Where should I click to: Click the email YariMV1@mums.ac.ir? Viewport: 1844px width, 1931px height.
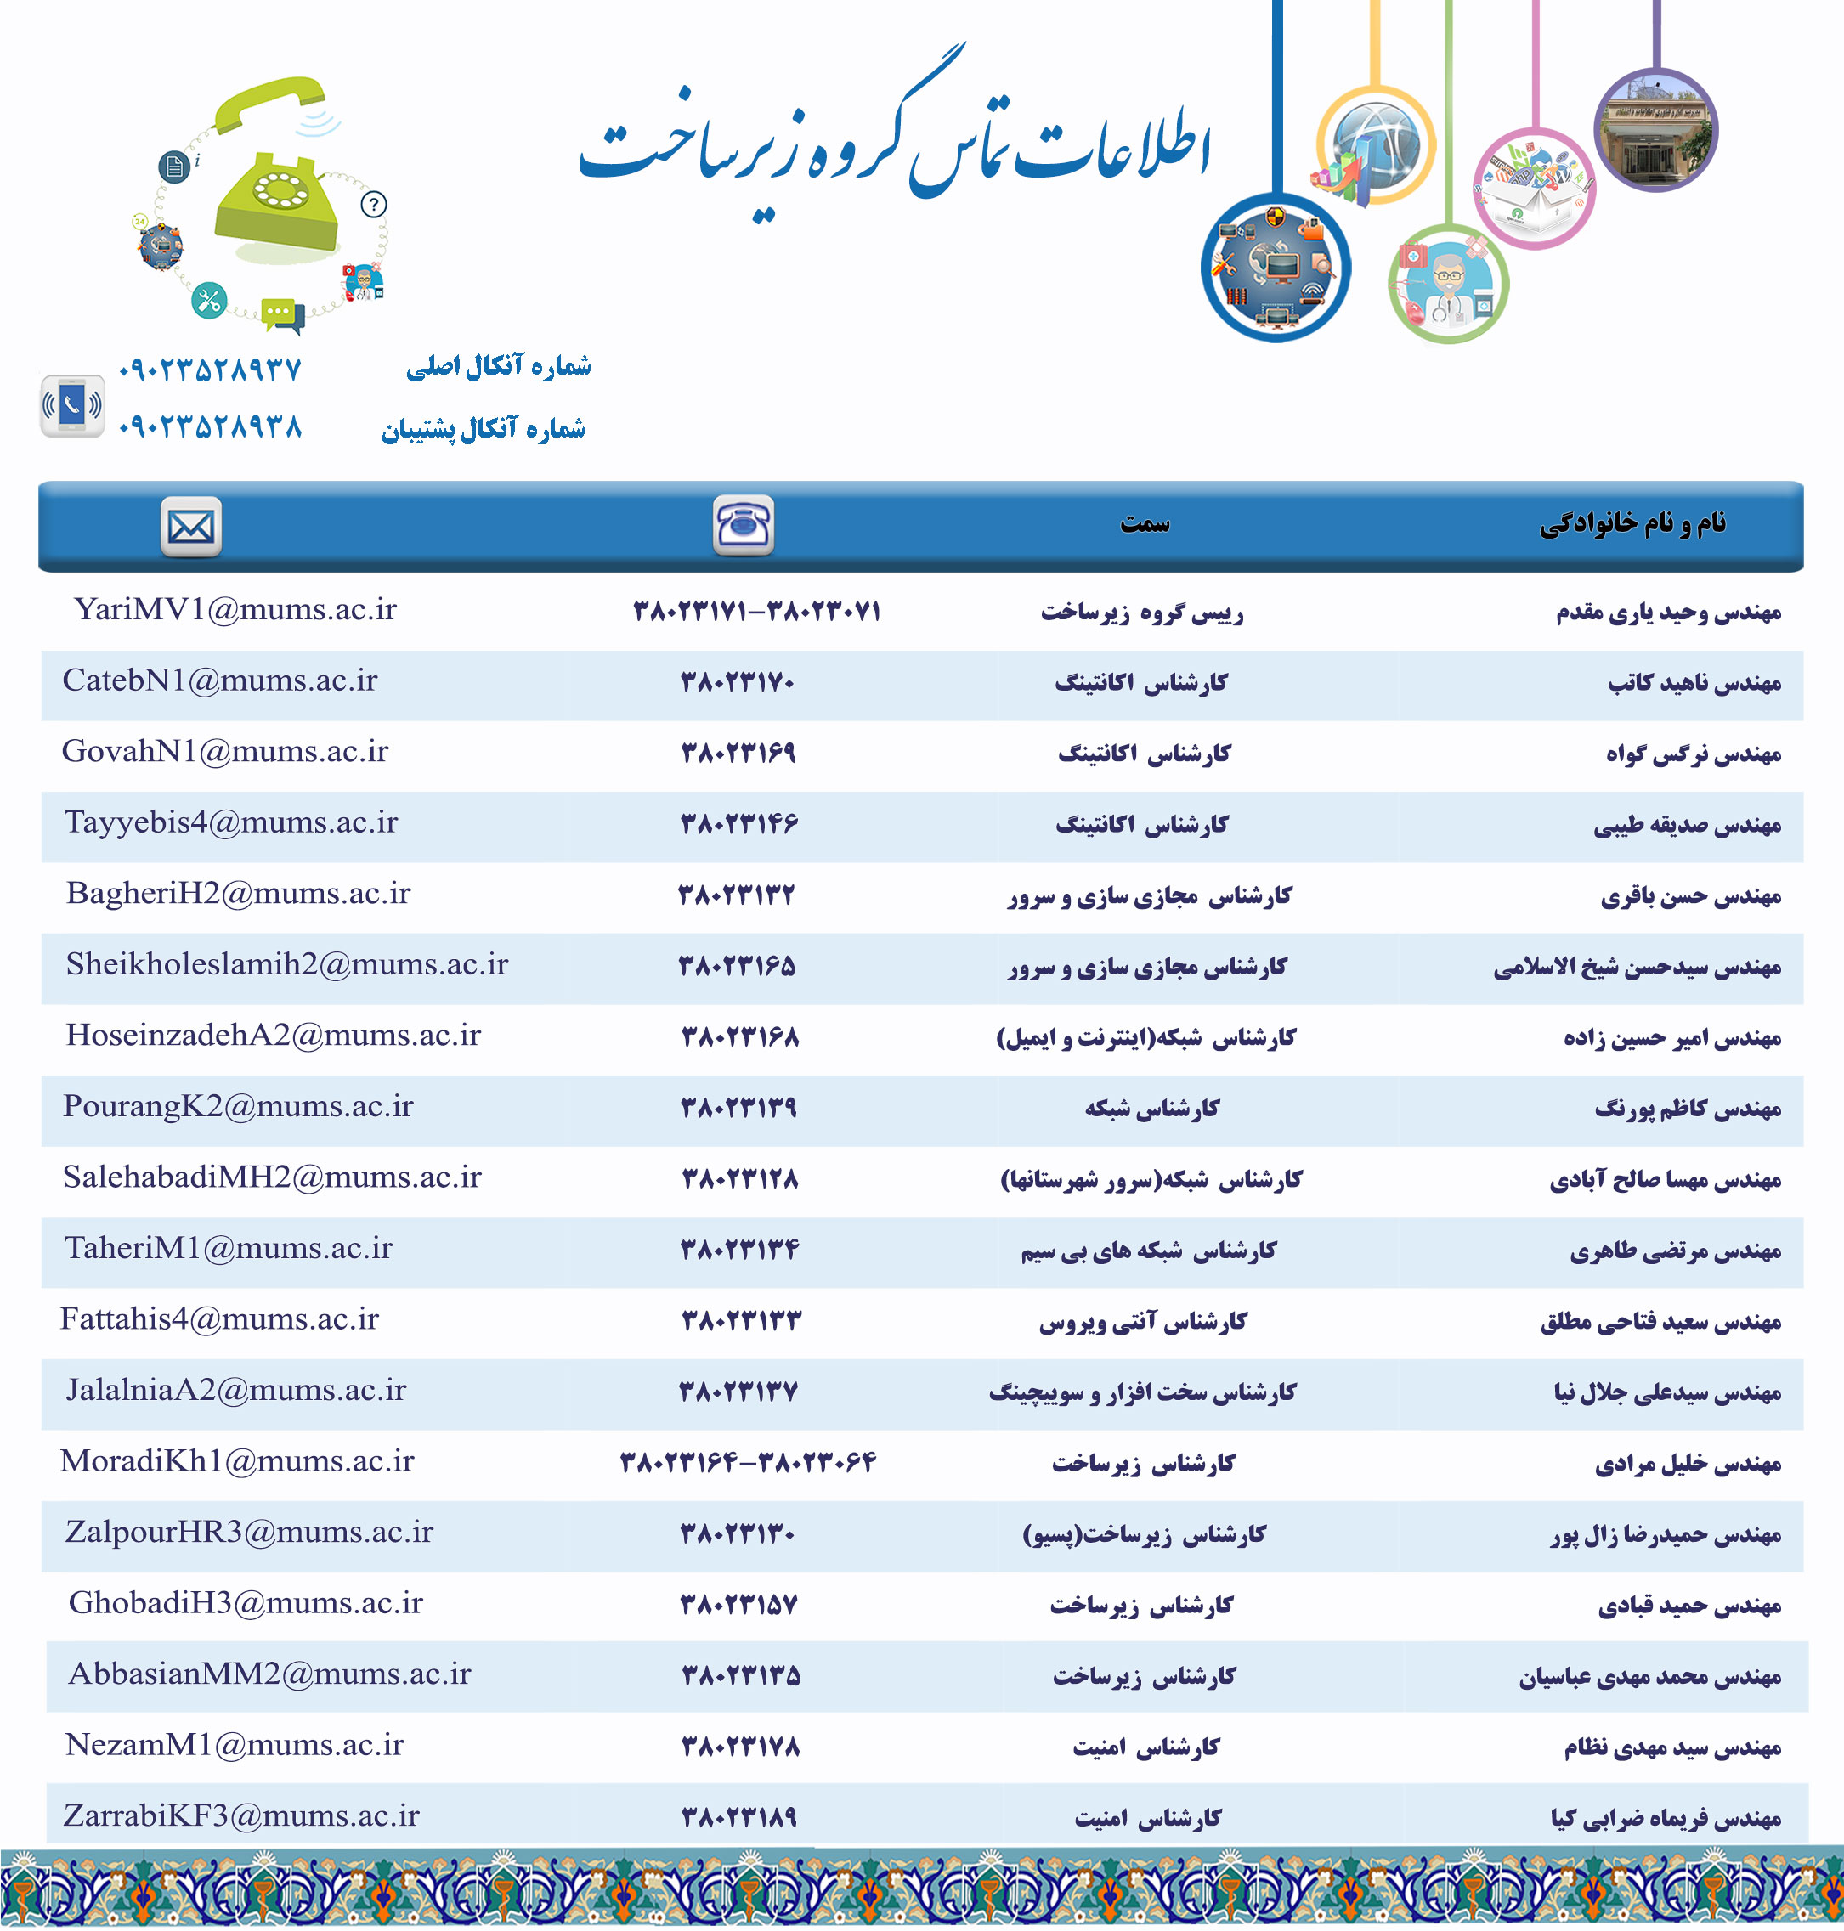(235, 609)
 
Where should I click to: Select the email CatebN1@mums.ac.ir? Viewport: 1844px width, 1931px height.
(219, 680)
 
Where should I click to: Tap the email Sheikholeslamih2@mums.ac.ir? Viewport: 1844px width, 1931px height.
(287, 964)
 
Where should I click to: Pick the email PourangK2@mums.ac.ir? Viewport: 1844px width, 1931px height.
(238, 1105)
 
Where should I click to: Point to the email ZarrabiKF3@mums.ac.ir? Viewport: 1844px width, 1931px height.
(240, 1815)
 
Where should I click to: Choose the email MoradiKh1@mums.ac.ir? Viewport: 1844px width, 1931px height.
(237, 1460)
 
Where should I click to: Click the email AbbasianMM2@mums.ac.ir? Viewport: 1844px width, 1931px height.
(269, 1673)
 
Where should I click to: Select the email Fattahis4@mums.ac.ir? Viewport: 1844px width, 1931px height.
(219, 1318)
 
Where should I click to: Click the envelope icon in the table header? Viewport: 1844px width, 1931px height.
(190, 527)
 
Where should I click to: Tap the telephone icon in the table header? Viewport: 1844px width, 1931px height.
(743, 526)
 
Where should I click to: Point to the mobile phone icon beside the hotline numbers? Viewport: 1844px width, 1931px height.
(71, 405)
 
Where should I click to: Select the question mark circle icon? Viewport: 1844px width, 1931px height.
(374, 205)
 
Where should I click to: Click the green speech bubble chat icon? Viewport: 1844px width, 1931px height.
(281, 313)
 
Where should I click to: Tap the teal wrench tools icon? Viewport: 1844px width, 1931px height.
(209, 300)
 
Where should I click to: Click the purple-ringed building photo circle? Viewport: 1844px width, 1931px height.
(1655, 130)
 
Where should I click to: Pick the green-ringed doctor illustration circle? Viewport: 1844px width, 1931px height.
(1448, 284)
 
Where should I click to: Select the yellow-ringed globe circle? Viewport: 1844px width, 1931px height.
(1376, 145)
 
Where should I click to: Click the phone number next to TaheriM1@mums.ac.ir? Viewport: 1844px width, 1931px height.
(739, 1249)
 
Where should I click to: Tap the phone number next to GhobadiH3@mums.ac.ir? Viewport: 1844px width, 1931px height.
(738, 1604)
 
